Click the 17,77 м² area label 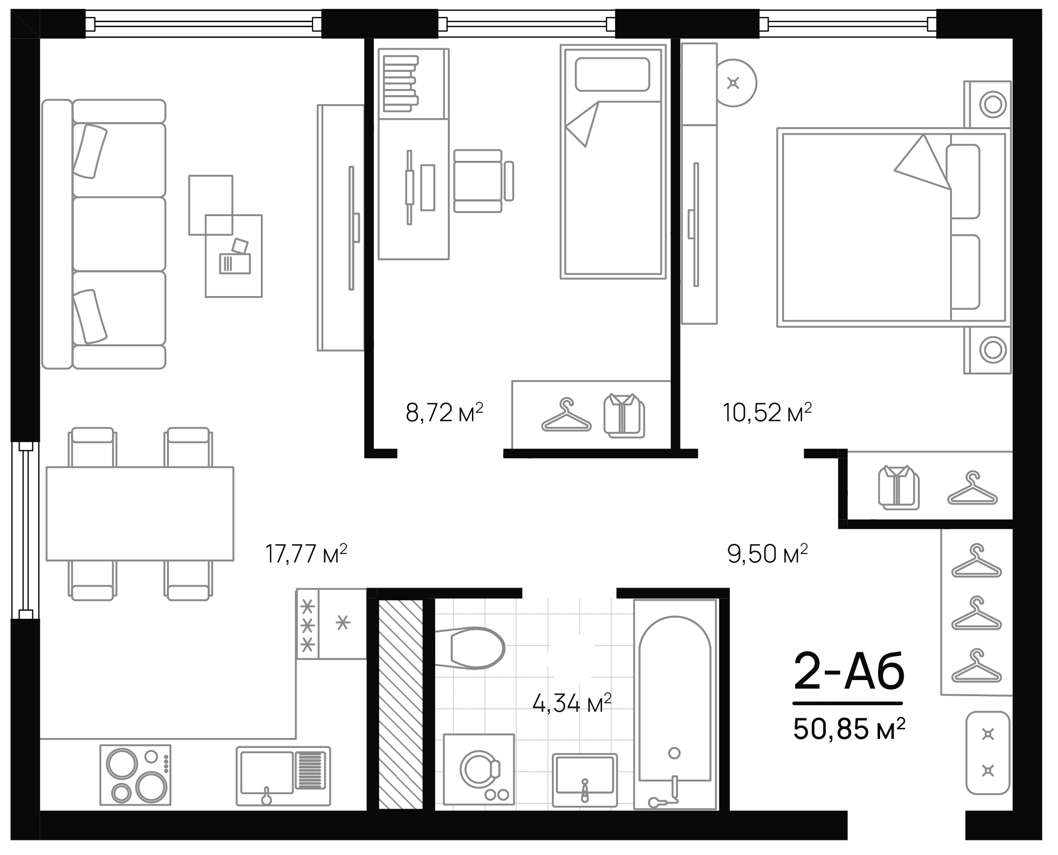pyautogui.click(x=306, y=554)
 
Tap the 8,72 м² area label pyautogui.click(x=444, y=413)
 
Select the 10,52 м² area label pyautogui.click(x=767, y=413)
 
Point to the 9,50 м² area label pyautogui.click(x=767, y=554)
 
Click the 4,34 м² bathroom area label pyautogui.click(x=571, y=704)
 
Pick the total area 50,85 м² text pyautogui.click(x=849, y=729)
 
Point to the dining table pyautogui.click(x=140, y=513)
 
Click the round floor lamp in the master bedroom pyautogui.click(x=734, y=83)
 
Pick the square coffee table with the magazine pyautogui.click(x=234, y=256)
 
